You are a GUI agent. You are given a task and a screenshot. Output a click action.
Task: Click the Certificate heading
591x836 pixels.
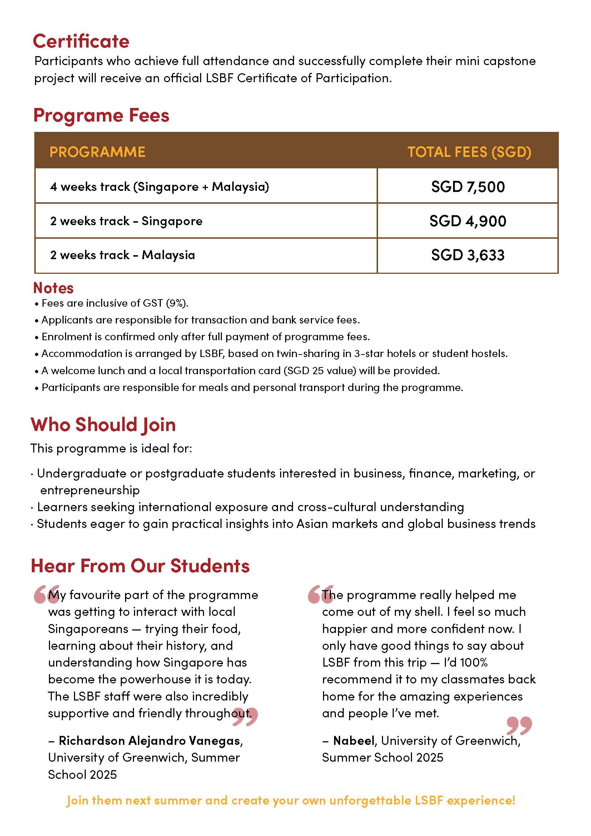point(81,41)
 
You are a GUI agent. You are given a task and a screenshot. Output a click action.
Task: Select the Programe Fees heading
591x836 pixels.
point(101,115)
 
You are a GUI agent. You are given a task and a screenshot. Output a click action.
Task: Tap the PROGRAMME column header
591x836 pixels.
point(97,152)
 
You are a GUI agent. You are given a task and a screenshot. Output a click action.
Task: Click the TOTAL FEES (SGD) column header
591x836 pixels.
point(469,152)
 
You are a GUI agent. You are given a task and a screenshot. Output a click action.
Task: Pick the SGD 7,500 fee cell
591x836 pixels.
point(468,187)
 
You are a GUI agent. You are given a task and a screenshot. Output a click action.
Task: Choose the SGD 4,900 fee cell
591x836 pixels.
point(468,221)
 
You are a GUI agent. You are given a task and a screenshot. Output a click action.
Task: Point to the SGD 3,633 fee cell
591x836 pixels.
point(468,255)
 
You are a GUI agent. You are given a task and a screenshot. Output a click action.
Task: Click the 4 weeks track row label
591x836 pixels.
point(159,187)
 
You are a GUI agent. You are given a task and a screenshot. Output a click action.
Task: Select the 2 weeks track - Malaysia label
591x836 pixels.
point(122,255)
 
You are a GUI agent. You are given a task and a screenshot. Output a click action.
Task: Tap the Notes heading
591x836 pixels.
point(53,288)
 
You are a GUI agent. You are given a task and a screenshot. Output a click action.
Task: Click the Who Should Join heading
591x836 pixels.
point(103,425)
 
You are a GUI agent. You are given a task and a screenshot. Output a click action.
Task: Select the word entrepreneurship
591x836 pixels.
point(90,490)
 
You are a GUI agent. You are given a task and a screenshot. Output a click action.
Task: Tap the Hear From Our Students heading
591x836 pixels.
point(140,565)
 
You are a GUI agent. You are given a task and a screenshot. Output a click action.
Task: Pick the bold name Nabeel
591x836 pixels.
point(354,740)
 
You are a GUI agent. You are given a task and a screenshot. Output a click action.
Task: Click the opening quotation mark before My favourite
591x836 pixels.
point(46,594)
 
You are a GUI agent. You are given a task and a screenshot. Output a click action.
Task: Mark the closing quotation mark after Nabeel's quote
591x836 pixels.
point(519,725)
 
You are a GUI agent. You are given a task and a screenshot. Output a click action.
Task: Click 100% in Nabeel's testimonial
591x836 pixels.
point(473,662)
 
